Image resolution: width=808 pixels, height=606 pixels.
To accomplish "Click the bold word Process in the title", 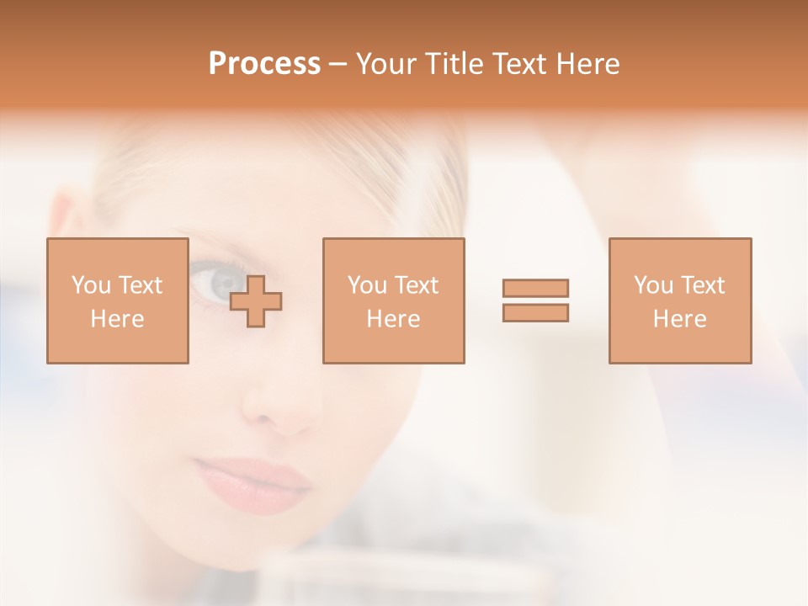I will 264,64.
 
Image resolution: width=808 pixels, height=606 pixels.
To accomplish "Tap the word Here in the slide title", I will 586,64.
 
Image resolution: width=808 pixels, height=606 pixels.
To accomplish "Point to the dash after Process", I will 338,65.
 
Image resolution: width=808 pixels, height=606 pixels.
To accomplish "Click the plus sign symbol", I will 256,300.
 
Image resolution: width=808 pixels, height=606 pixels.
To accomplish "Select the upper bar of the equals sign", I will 535,288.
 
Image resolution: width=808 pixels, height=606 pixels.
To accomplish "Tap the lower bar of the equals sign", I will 535,312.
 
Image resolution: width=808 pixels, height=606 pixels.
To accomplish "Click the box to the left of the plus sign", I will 117,300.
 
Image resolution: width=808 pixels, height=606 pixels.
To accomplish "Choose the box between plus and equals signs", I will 393,300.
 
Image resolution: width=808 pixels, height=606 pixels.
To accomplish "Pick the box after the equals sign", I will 679,300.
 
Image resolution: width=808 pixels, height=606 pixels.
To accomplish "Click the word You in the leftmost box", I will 91,285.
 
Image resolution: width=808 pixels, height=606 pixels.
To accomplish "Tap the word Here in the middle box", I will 393,318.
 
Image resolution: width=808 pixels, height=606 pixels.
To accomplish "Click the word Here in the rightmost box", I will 679,318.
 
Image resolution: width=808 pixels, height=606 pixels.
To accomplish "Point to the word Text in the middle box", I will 416,285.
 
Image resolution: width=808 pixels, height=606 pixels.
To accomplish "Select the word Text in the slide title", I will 522,64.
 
